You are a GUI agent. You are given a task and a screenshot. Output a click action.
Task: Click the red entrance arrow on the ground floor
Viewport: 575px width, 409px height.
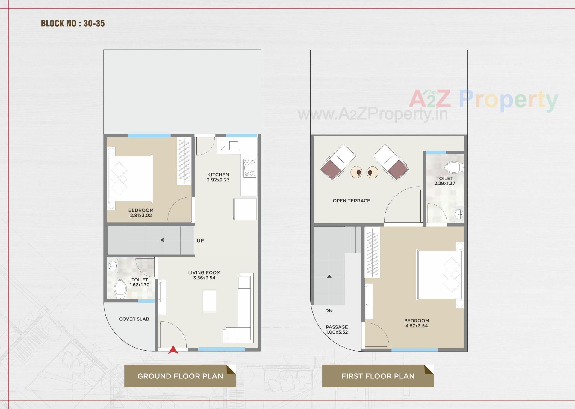click(173, 350)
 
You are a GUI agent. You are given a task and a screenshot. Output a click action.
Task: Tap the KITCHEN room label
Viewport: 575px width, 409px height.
click(218, 175)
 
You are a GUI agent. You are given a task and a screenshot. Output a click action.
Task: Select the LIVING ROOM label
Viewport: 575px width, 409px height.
click(204, 272)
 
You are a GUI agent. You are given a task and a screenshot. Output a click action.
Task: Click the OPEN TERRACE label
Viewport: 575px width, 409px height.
click(351, 201)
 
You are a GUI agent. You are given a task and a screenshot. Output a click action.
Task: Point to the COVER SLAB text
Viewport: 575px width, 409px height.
click(134, 319)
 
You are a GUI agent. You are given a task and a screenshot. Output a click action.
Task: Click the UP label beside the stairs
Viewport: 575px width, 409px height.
click(200, 240)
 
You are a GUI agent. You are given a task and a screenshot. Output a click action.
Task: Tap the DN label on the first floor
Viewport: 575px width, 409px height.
click(329, 310)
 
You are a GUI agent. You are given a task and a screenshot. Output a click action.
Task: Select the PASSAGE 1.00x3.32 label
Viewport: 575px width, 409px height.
click(337, 329)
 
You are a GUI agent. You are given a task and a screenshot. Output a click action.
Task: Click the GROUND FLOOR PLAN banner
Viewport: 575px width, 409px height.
click(180, 376)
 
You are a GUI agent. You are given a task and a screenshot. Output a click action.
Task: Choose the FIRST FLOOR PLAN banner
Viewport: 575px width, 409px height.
click(378, 376)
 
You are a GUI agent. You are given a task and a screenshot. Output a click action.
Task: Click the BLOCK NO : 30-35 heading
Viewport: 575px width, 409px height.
click(73, 23)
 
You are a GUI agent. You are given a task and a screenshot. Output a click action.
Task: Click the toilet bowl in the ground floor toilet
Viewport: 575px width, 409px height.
click(120, 289)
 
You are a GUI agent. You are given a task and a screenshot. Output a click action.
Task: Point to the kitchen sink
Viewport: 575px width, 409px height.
click(229, 146)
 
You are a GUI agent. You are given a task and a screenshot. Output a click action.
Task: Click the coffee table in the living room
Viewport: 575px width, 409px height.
click(209, 301)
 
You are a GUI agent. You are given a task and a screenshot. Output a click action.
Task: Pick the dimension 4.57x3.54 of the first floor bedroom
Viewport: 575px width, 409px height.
click(417, 326)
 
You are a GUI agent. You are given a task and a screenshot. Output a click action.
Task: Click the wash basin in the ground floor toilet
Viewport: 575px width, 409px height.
click(112, 266)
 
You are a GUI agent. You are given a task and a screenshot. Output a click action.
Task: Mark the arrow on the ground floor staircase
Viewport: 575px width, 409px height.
click(162, 240)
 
